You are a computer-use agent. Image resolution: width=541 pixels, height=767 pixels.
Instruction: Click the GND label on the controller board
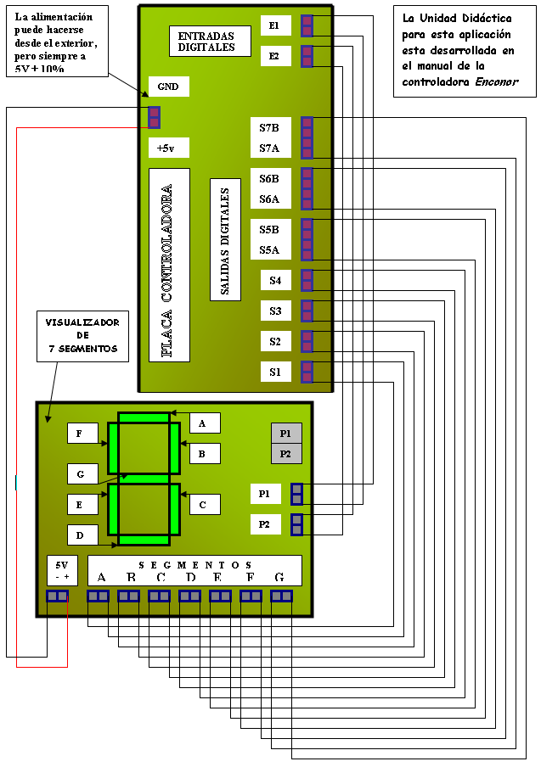tap(168, 87)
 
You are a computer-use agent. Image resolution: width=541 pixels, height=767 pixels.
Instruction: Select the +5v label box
tap(168, 148)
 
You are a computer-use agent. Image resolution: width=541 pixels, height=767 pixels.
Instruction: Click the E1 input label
tap(274, 26)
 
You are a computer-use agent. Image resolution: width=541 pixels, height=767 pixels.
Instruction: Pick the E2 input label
tap(274, 57)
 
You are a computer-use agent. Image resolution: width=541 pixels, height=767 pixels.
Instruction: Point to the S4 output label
tap(275, 280)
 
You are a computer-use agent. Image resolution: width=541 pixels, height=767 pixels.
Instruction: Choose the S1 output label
tap(275, 372)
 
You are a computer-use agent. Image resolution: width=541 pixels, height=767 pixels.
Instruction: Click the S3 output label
tap(275, 311)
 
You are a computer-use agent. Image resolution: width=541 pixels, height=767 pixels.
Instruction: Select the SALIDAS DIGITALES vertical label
tap(225, 240)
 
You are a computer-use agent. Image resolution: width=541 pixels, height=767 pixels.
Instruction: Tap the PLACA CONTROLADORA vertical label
tap(168, 265)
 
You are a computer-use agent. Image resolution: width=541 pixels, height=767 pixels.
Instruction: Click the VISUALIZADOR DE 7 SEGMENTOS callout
tap(82, 335)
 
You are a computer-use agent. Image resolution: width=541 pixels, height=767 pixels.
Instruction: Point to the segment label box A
tap(204, 423)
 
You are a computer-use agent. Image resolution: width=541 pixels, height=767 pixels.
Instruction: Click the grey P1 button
tap(286, 433)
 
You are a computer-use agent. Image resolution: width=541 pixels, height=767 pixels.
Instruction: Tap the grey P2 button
tap(286, 454)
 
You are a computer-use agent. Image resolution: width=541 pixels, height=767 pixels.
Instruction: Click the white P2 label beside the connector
tap(265, 524)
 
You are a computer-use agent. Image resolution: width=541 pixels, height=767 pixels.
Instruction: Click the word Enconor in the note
tap(497, 81)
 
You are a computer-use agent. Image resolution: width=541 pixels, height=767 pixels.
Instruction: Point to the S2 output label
tap(275, 341)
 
